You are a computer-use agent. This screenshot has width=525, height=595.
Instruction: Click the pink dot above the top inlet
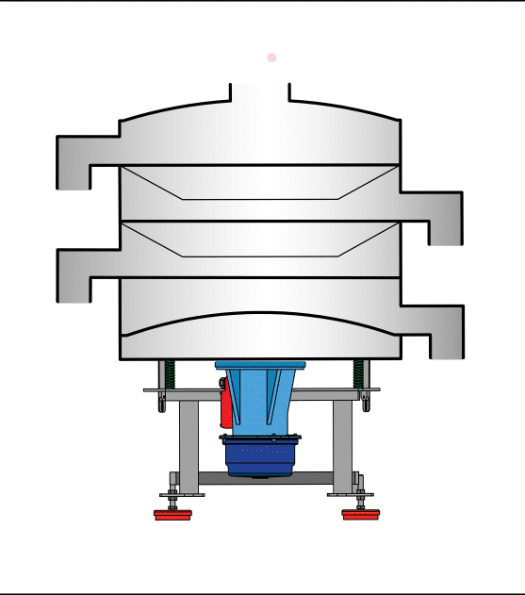pyautogui.click(x=271, y=58)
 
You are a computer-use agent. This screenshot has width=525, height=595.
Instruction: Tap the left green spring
pyautogui.click(x=171, y=374)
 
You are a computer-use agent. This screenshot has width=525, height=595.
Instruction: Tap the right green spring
pyautogui.click(x=358, y=374)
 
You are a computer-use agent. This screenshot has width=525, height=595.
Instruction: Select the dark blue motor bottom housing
pyautogui.click(x=260, y=456)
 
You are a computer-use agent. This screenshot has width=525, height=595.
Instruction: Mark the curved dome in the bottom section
pyautogui.click(x=260, y=325)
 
